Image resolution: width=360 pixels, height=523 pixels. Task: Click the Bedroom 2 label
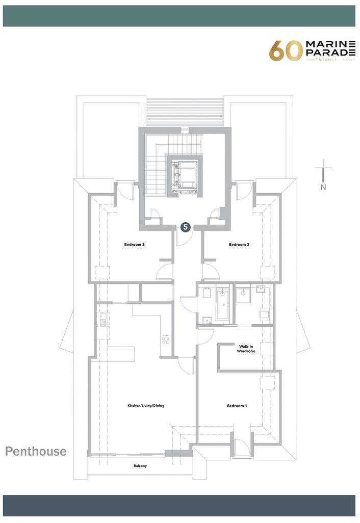coord(135,245)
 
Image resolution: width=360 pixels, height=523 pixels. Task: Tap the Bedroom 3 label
coord(239,245)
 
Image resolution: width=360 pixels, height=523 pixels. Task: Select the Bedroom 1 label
coord(237,406)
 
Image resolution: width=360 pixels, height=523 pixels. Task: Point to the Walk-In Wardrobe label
coord(246,349)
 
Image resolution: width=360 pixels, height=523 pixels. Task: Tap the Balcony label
coord(140,466)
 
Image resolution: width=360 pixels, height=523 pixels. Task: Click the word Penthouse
coord(36,451)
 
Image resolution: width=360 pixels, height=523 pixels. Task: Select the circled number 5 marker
coord(186,227)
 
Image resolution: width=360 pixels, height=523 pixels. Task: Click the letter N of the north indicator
coord(323,187)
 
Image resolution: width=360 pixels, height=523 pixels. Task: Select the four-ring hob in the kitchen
coord(166,339)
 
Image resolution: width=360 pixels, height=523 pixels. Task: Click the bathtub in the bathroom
coord(223,305)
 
